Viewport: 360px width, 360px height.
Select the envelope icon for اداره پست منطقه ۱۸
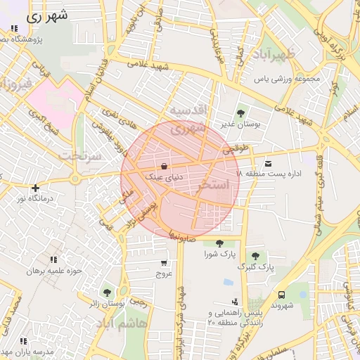(268, 163)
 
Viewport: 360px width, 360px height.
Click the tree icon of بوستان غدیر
(241, 112)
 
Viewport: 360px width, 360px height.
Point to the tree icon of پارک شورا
(220, 243)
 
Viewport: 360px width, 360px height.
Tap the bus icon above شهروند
(282, 295)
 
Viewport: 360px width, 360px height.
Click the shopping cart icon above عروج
(164, 263)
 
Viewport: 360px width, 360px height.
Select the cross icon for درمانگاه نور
(35, 188)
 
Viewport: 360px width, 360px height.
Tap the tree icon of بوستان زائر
(107, 292)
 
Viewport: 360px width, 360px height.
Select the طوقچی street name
(236, 150)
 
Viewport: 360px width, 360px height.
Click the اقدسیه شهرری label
(187, 120)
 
